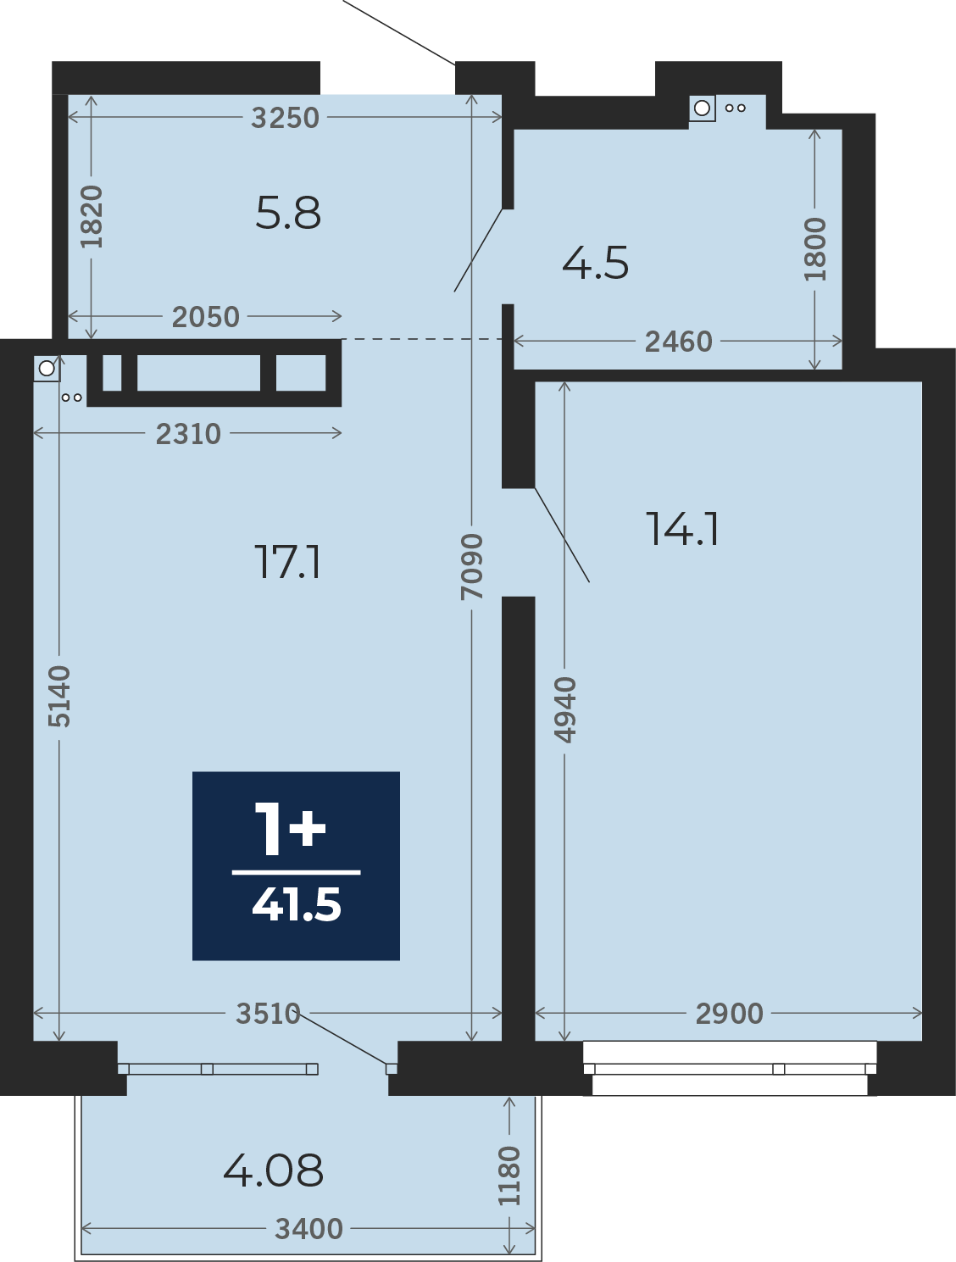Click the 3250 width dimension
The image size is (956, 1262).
[285, 118]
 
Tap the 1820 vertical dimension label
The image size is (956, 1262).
[92, 217]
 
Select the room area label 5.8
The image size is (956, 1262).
[288, 213]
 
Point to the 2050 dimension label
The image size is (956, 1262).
[206, 317]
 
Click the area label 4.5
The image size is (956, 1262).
[596, 264]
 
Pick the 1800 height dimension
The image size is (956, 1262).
[814, 249]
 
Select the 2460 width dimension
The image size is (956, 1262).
[678, 342]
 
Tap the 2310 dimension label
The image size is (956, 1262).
[188, 434]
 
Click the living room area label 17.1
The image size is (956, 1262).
[287, 562]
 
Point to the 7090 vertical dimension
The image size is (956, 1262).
[471, 567]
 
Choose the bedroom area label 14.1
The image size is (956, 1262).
[682, 529]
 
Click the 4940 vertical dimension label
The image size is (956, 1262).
[564, 710]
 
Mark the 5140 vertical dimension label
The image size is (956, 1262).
[58, 696]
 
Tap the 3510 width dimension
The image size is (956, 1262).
[269, 1014]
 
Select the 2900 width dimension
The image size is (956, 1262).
[730, 1014]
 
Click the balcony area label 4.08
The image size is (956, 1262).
[274, 1171]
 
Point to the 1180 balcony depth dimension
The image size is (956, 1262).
[509, 1176]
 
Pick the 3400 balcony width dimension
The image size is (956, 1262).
[308, 1229]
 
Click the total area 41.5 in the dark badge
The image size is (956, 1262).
[297, 904]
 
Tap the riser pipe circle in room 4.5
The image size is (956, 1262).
[702, 108]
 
